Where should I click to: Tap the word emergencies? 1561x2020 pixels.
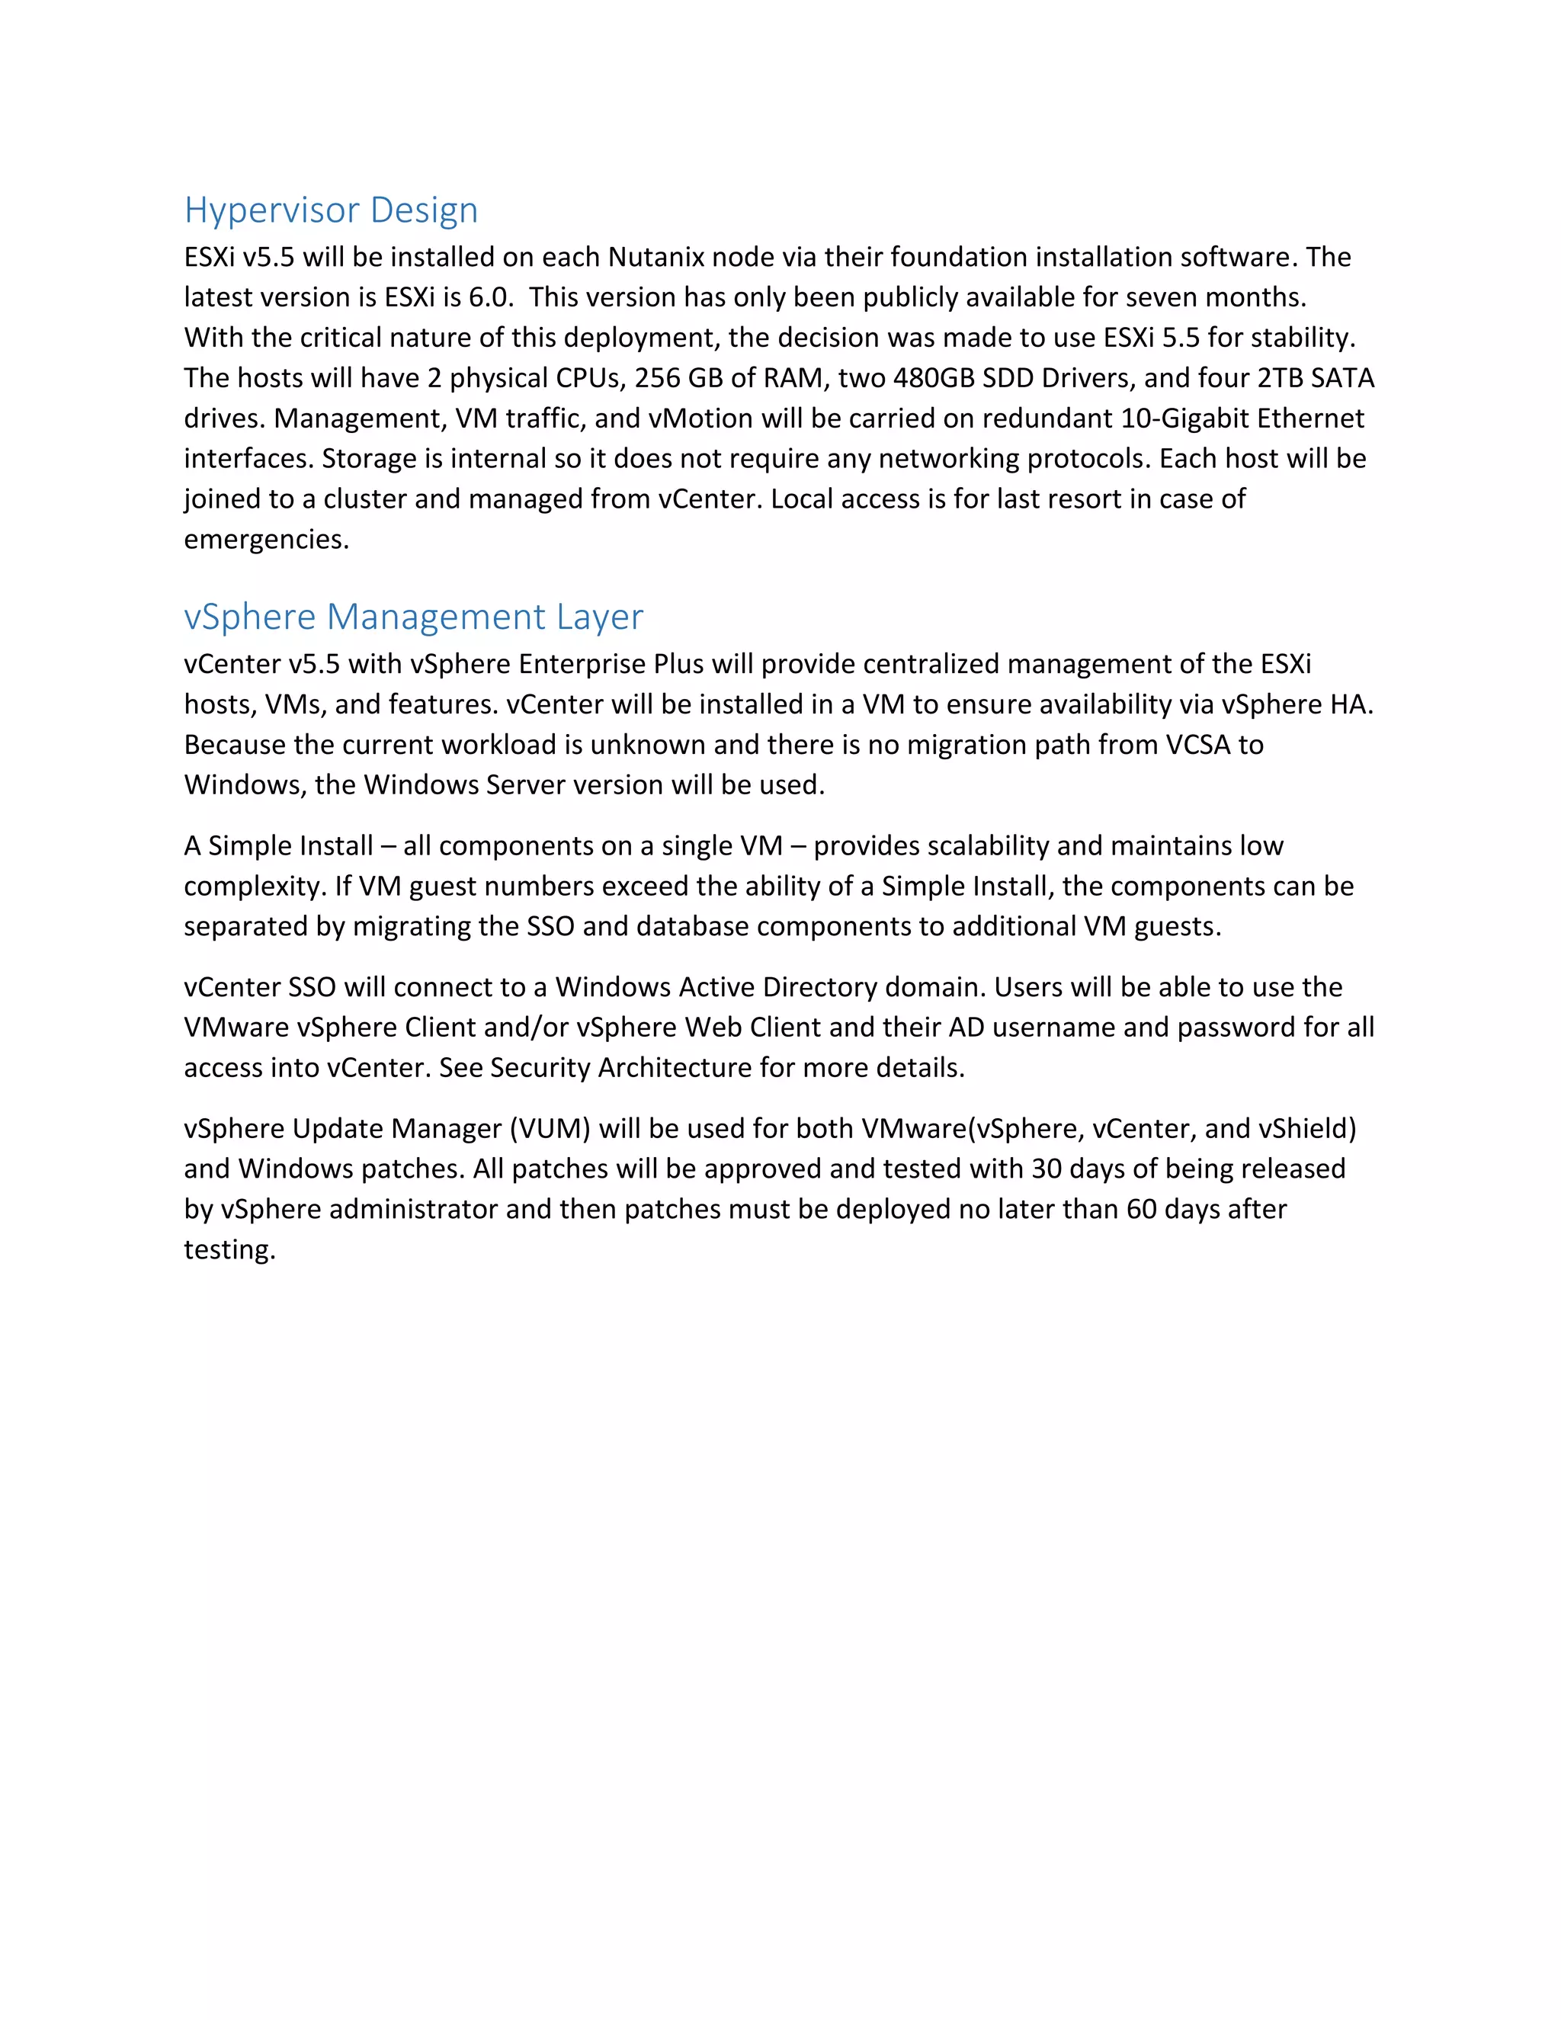pyautogui.click(x=265, y=540)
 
